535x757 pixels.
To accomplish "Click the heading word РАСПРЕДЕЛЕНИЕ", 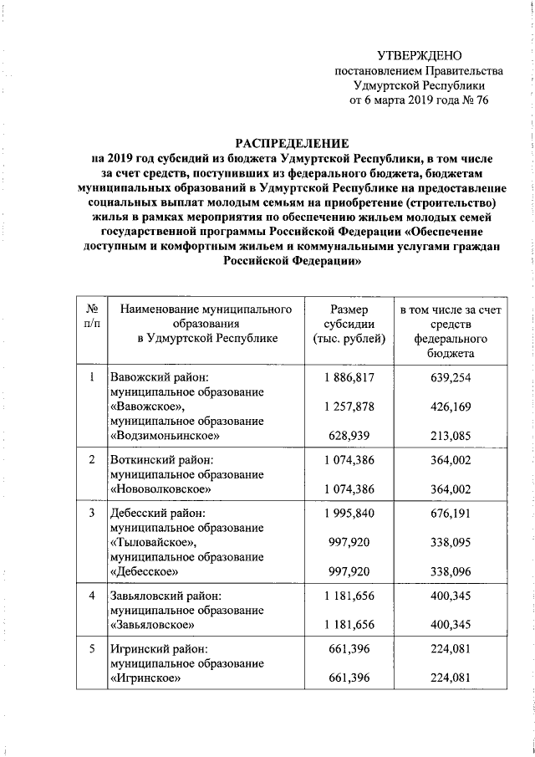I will tap(292, 143).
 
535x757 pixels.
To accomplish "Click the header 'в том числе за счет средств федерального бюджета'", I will tap(451, 332).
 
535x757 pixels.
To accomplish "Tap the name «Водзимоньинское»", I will tap(165, 436).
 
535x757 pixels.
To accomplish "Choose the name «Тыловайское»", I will tap(153, 543).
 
